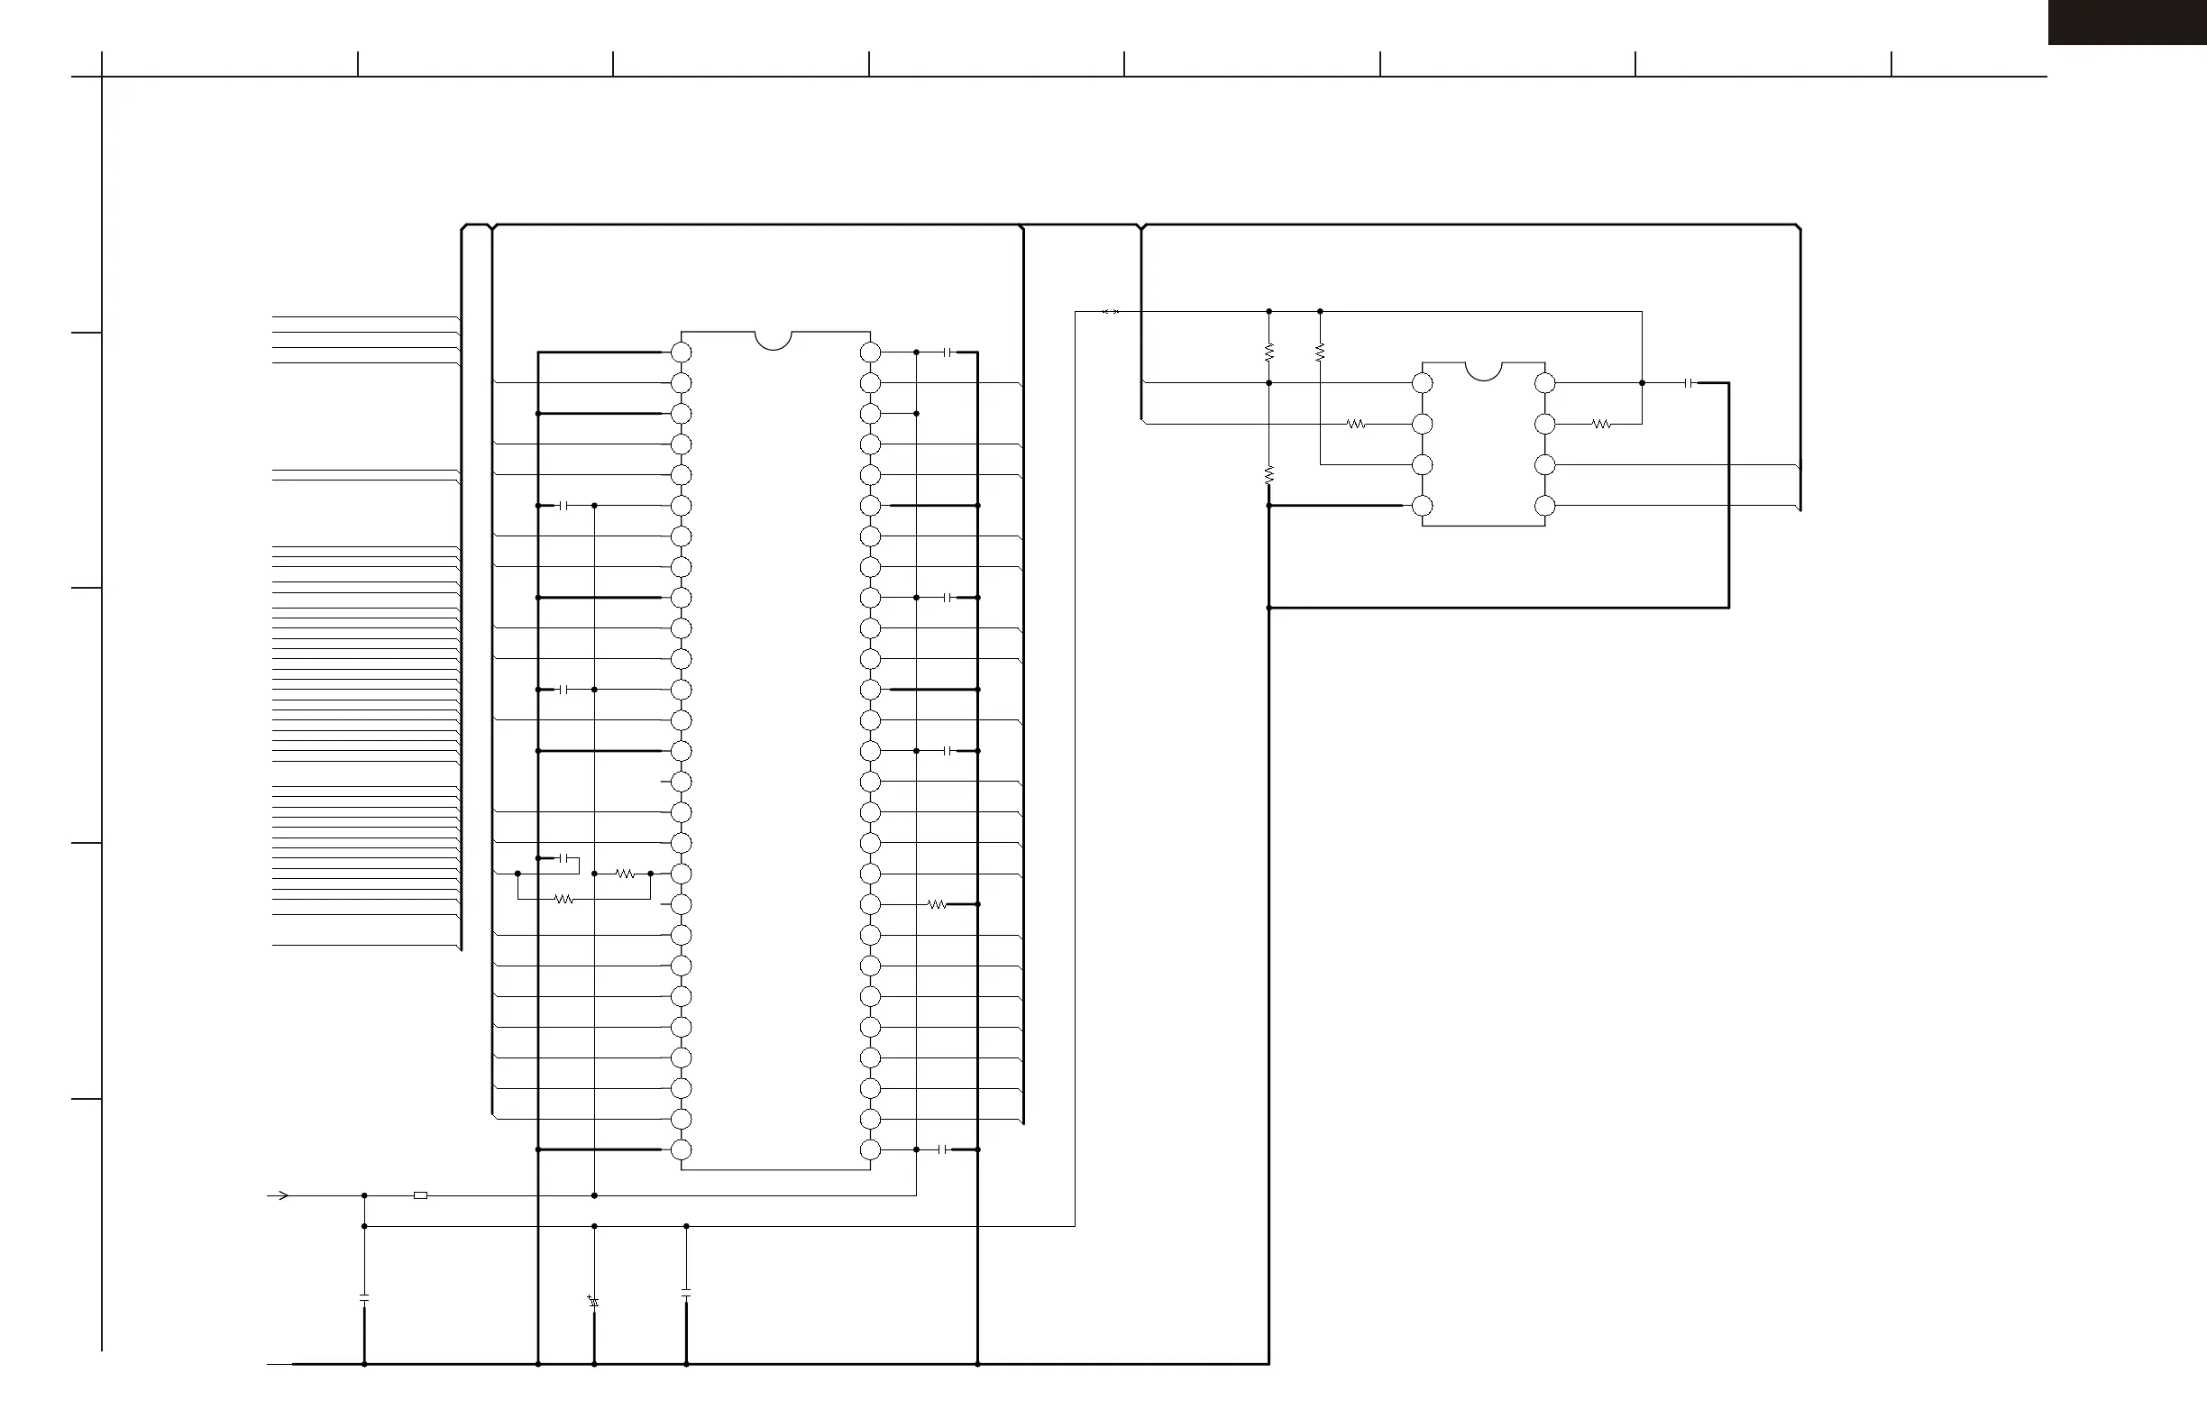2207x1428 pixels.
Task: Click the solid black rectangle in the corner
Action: (2127, 22)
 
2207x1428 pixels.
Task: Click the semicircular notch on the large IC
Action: (774, 339)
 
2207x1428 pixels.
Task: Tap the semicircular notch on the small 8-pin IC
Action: (1483, 370)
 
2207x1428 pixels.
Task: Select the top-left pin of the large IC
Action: (682, 352)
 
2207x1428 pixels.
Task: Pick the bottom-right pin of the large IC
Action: (870, 1149)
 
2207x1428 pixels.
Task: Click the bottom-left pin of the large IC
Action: (682, 1149)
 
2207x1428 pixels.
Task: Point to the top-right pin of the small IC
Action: (1545, 383)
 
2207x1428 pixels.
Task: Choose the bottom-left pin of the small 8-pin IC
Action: (1422, 506)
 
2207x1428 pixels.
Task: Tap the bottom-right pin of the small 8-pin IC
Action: (1545, 506)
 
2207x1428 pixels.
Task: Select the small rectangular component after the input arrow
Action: (420, 1195)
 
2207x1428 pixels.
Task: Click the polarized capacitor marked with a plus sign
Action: (593, 1302)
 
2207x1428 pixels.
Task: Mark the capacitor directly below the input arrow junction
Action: (364, 1298)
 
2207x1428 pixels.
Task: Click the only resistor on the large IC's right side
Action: (937, 904)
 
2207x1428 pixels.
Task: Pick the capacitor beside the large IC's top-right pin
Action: (948, 352)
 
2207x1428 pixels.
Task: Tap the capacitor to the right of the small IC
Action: (1689, 383)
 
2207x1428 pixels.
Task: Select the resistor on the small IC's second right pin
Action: (1601, 424)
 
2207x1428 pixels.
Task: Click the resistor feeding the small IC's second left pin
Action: (1356, 424)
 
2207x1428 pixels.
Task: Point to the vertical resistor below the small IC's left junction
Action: (1268, 475)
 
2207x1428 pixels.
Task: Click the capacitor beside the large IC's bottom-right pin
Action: (943, 1149)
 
